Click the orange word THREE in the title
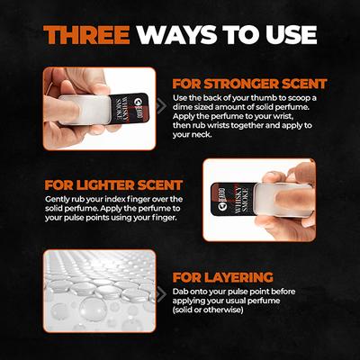click(86, 35)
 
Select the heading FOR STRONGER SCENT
click(249, 84)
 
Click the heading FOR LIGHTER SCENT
click(113, 185)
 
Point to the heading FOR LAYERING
click(223, 277)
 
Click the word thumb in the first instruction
click(257, 98)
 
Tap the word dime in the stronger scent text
click(181, 107)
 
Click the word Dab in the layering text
click(179, 292)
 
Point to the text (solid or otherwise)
click(208, 310)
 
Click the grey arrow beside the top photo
click(161, 105)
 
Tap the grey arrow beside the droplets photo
click(161, 294)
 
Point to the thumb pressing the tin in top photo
click(61, 110)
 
